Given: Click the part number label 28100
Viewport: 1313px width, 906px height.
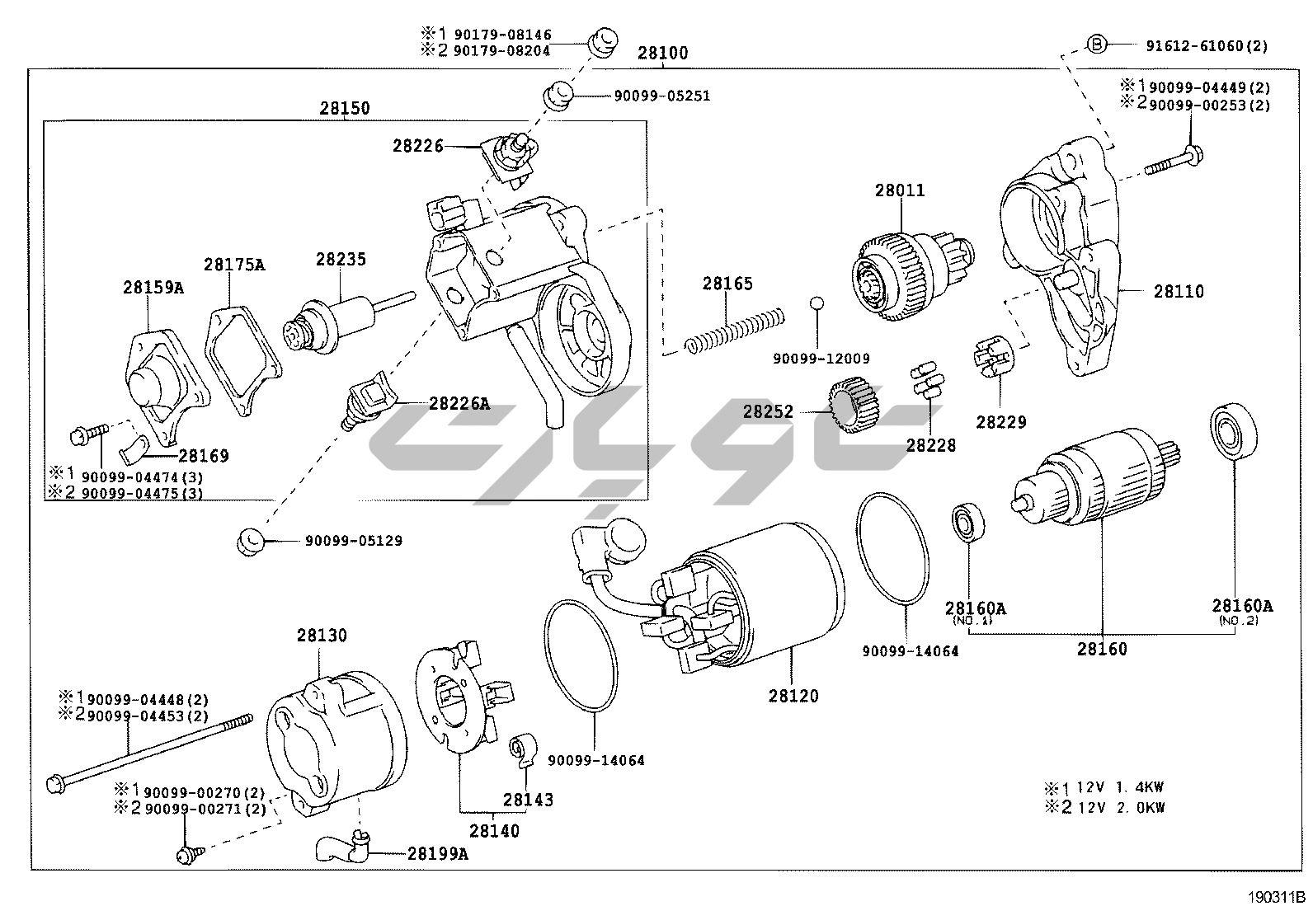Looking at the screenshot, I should [662, 54].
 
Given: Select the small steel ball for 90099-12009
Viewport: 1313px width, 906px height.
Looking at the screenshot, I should [817, 303].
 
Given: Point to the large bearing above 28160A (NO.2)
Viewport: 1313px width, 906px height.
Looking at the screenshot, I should [1234, 431].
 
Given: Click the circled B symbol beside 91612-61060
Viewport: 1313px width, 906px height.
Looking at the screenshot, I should [1096, 45].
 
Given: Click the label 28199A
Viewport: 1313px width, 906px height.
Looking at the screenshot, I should [437, 853].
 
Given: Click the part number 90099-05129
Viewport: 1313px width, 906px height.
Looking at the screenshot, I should [354, 541].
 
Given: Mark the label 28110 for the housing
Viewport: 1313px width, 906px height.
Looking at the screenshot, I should [1179, 291].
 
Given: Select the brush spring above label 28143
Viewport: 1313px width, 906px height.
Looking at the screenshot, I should [522, 746].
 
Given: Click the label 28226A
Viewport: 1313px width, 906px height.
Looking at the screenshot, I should [459, 403].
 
